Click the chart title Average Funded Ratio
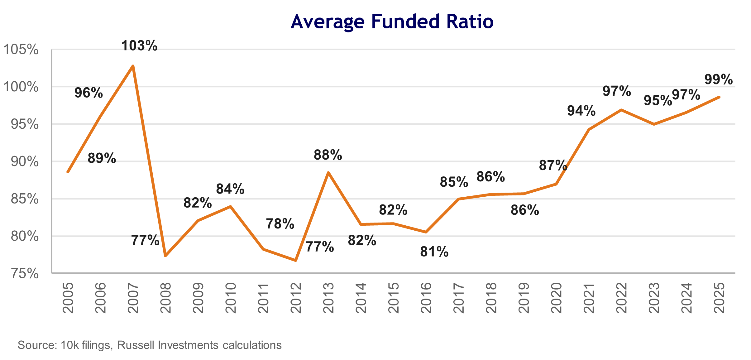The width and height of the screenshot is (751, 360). (392, 22)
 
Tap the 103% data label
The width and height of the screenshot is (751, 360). (139, 46)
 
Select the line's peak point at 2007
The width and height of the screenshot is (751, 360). (133, 66)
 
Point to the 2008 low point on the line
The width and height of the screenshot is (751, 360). (165, 256)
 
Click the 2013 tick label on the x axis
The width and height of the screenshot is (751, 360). (328, 298)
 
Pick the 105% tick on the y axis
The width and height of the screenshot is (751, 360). (21, 50)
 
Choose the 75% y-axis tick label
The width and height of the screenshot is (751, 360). (24, 274)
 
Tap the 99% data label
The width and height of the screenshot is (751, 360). (718, 79)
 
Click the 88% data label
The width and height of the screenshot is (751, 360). (328, 155)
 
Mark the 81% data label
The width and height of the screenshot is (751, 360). (434, 252)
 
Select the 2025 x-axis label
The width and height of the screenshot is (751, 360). (719, 298)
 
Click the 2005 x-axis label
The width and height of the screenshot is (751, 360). (68, 298)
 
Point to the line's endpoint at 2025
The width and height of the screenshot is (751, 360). (719, 97)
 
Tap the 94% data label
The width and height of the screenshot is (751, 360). (581, 111)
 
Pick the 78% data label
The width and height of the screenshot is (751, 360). (280, 224)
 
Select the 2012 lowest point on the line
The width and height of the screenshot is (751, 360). (296, 260)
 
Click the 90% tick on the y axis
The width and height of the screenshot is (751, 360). (24, 161)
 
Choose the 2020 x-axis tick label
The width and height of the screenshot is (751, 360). (556, 298)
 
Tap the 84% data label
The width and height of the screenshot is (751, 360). (230, 189)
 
